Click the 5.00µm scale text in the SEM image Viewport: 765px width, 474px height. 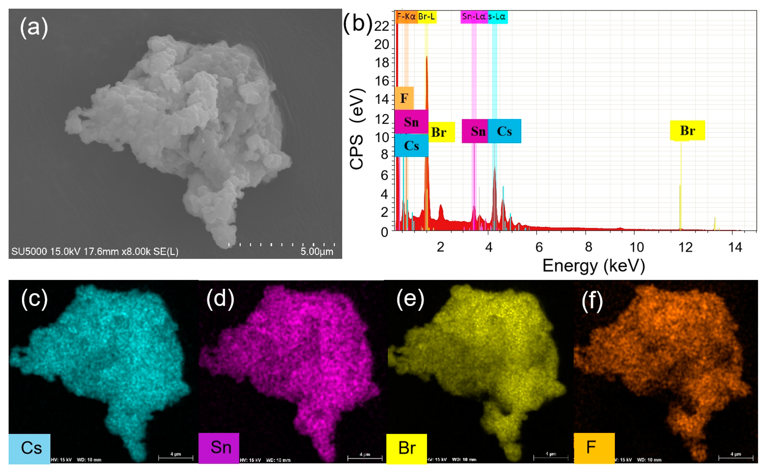[316, 252]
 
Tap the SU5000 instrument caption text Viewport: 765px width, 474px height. [95, 252]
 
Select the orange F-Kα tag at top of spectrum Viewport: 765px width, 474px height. [406, 17]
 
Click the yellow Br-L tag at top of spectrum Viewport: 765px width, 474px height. [426, 17]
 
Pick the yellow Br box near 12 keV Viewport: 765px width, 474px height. [687, 130]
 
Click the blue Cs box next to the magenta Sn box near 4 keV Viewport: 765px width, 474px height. [504, 131]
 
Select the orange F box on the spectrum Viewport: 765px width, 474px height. [404, 98]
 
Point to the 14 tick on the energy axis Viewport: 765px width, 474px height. [735, 247]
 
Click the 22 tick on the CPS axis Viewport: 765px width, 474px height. [381, 26]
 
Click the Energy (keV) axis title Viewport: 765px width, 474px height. [593, 266]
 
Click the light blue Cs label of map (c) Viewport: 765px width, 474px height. [29, 448]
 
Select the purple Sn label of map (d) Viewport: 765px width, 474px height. [219, 448]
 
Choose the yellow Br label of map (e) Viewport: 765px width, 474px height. [406, 448]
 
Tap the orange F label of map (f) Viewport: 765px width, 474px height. [593, 448]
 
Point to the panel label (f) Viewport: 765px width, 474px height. [592, 300]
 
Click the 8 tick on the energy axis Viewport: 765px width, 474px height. [588, 247]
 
